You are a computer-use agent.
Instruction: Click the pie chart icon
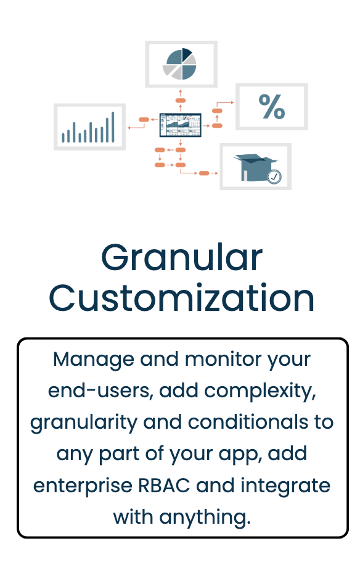[179, 64]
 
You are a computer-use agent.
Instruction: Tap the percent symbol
[272, 107]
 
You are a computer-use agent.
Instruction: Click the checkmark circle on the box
[274, 176]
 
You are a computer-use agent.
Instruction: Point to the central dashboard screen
[180, 125]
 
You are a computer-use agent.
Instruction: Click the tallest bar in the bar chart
[113, 127]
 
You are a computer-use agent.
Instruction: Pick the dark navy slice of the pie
[187, 54]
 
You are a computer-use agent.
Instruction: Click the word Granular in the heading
[182, 257]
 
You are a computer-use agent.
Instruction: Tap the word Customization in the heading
[182, 298]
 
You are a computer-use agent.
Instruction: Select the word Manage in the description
[94, 360]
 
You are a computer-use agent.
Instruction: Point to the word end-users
[98, 390]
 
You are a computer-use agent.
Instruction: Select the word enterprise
[83, 486]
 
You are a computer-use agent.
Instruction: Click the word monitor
[223, 360]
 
